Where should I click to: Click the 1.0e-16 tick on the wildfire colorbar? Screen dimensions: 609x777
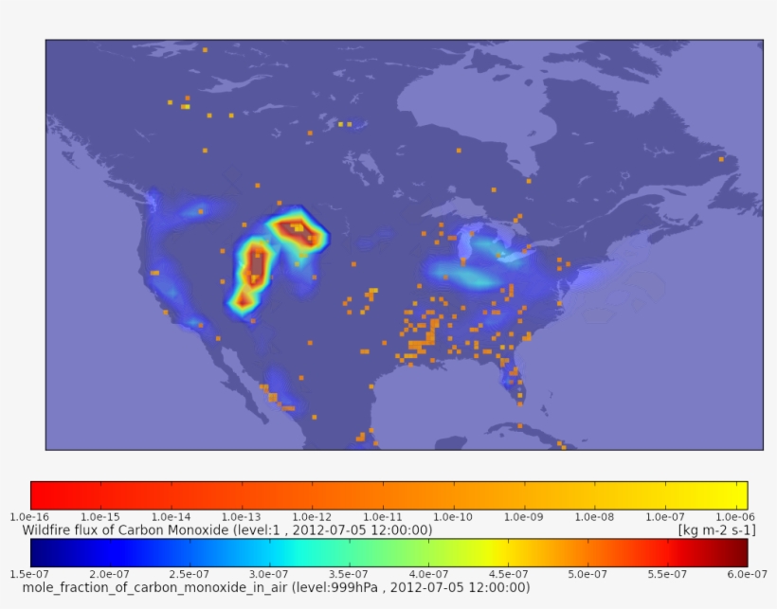[30, 516]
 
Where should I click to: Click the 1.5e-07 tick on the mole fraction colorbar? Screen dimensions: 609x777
[30, 574]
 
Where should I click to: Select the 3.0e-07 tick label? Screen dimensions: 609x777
[269, 574]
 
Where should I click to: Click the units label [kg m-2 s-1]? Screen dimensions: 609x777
[716, 530]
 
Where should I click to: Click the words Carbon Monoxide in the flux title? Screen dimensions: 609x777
[179, 530]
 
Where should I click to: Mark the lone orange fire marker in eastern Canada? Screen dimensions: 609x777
[721, 159]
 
